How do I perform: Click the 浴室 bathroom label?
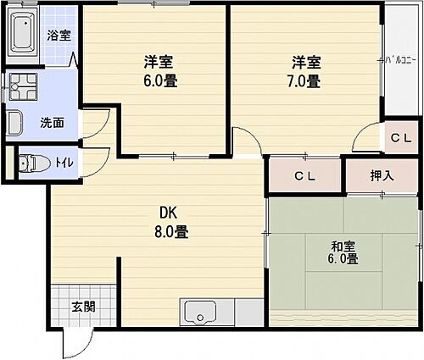[x=59, y=36]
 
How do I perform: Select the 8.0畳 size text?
[x=170, y=231]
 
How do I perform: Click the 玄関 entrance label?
[x=82, y=306]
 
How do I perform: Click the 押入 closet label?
[x=381, y=176]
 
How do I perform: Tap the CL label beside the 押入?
[x=305, y=176]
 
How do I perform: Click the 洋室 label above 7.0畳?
[x=306, y=62]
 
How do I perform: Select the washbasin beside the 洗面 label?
[x=15, y=122]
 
